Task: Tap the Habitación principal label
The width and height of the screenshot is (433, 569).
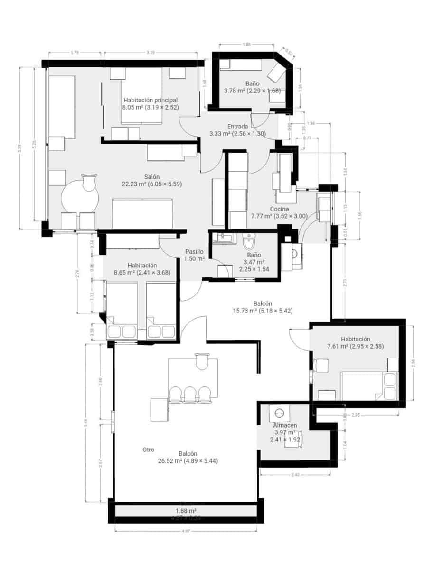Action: pos(151,100)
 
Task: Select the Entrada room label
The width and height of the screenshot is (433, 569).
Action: pos(237,127)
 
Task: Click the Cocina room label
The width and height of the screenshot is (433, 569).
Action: pos(279,209)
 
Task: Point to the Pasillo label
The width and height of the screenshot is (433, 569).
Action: pos(194,252)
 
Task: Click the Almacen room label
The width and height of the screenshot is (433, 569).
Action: pos(284,425)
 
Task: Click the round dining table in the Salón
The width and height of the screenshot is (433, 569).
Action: pos(79,197)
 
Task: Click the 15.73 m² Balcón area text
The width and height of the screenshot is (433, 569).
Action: pos(263,311)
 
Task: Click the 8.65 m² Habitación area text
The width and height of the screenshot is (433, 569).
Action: pos(142,273)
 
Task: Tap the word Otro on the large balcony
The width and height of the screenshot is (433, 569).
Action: pos(148,450)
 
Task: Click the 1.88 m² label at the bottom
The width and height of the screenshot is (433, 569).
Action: pos(186,511)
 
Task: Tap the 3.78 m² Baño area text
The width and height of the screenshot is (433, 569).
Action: pos(253,91)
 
